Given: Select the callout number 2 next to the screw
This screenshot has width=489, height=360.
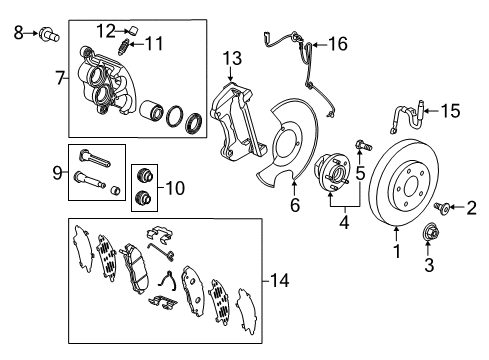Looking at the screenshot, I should (x=472, y=208).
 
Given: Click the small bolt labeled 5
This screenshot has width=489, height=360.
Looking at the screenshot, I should (x=361, y=151).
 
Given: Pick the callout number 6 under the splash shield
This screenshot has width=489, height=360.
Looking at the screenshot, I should (x=294, y=206).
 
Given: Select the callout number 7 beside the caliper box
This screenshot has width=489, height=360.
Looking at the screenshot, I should (x=59, y=76).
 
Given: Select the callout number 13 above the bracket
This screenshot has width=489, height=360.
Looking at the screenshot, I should (x=232, y=59).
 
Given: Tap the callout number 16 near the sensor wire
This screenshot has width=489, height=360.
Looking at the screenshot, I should (x=338, y=43).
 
